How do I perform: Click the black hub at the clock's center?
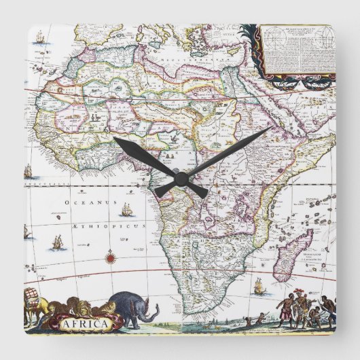pyautogui.click(x=180, y=177)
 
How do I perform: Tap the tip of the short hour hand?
pyautogui.click(x=114, y=139)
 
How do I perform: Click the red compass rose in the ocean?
pyautogui.click(x=109, y=256)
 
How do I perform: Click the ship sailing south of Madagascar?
pyautogui.click(x=257, y=286)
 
